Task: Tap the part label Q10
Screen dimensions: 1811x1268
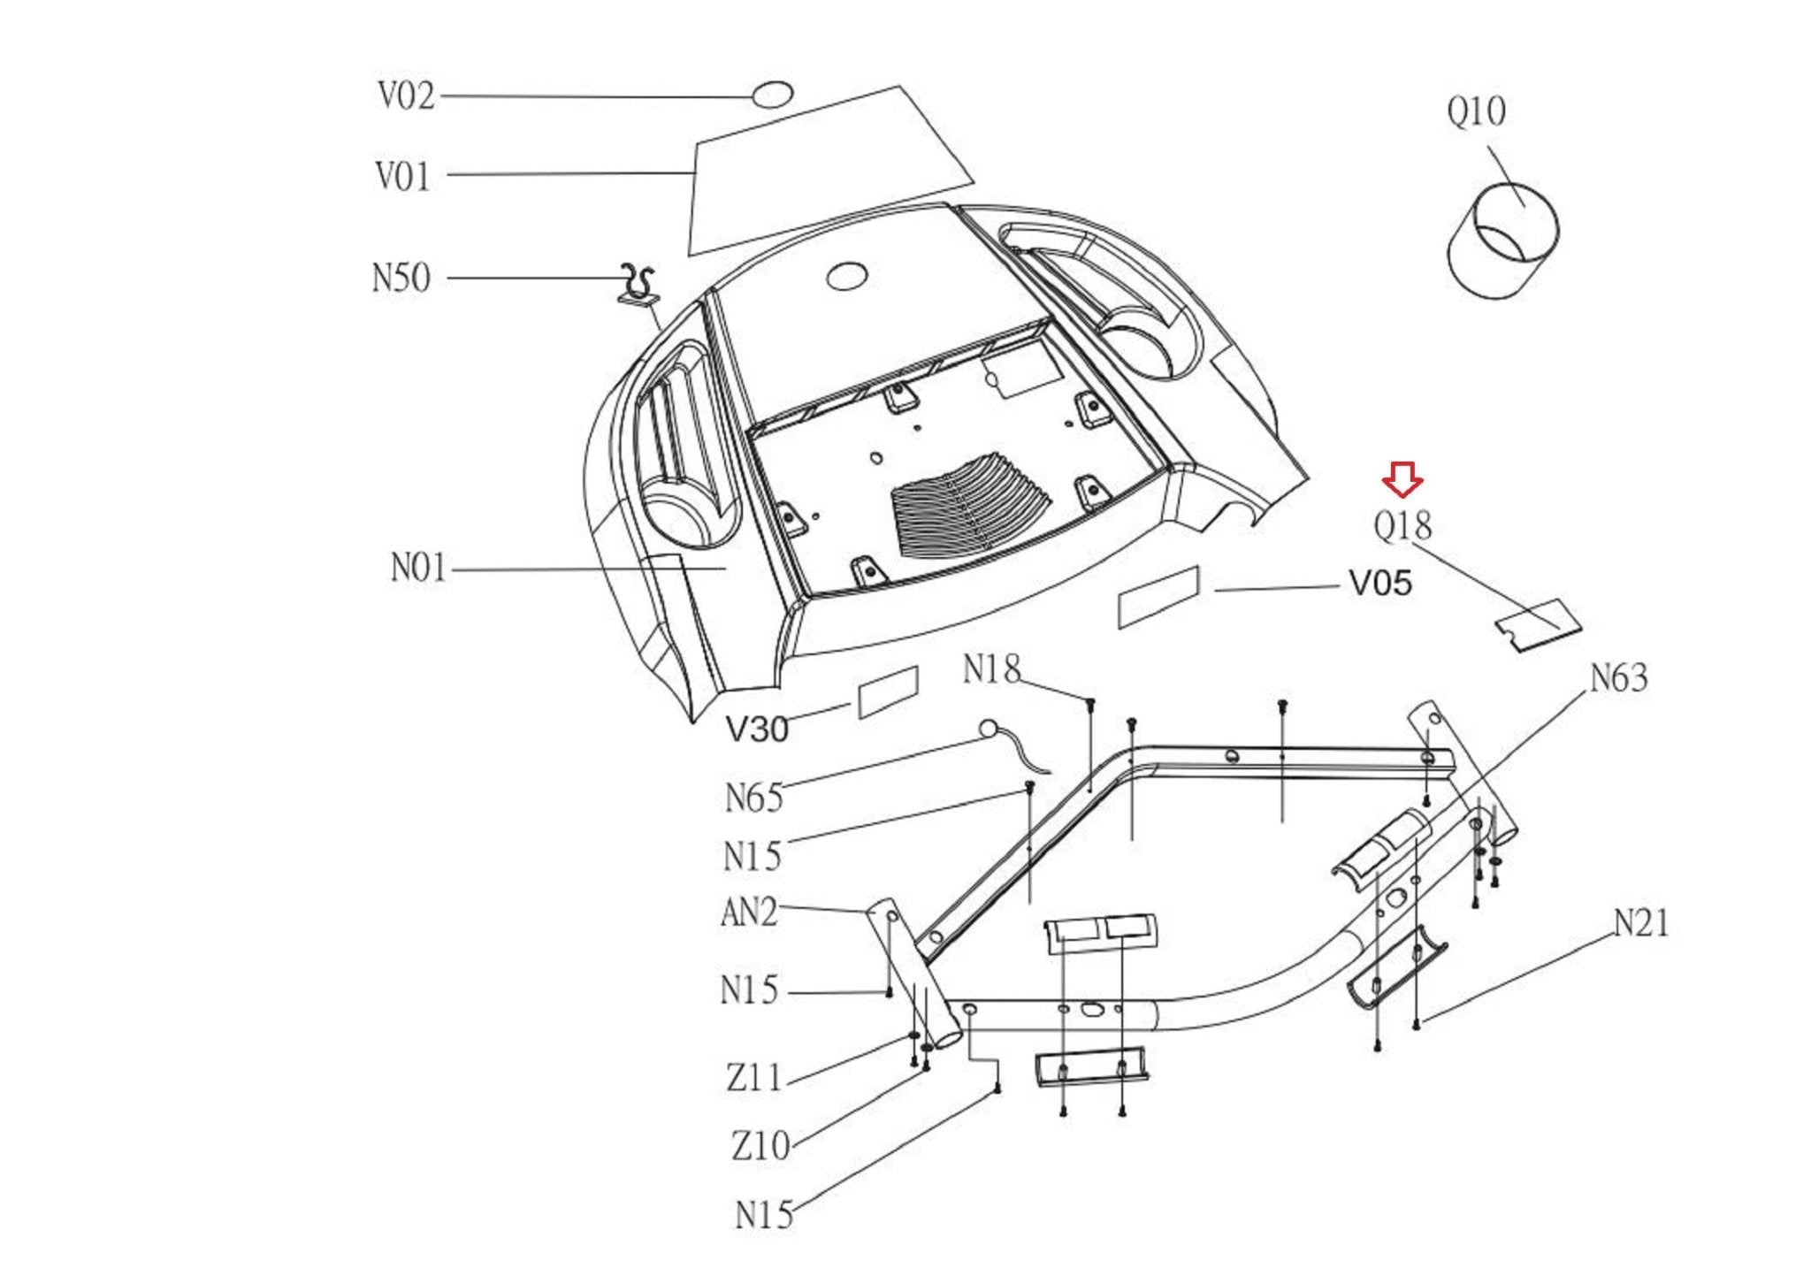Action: (x=1476, y=112)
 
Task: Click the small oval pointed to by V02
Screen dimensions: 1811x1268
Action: (x=772, y=94)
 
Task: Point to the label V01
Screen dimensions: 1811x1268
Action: (x=403, y=175)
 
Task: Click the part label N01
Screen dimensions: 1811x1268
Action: (x=419, y=568)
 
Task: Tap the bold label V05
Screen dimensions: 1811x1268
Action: (x=1379, y=584)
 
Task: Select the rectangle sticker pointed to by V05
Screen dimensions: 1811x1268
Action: (x=1158, y=597)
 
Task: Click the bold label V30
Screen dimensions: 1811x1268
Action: (x=757, y=729)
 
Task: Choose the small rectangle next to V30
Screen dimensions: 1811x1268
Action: (x=888, y=691)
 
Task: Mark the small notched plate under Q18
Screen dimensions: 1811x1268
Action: (x=1538, y=625)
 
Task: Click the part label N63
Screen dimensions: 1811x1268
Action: (x=1619, y=678)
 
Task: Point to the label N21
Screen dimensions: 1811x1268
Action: (x=1641, y=923)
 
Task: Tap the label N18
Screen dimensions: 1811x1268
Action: (x=992, y=669)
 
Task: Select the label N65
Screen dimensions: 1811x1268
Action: (x=754, y=798)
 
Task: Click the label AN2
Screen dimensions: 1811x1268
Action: (x=749, y=912)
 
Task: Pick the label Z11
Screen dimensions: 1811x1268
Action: (x=755, y=1078)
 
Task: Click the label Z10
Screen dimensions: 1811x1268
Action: (x=760, y=1146)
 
